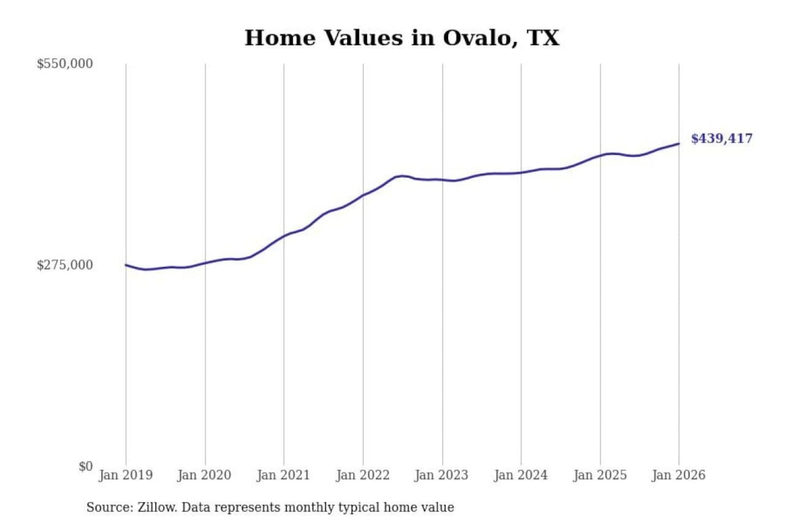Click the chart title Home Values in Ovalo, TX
tap(402, 38)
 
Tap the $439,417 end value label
tap(721, 138)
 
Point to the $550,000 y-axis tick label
tap(65, 64)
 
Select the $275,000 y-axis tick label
tap(65, 265)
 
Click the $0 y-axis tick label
tap(86, 466)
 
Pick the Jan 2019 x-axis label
tap(126, 475)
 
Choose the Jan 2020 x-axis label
tap(204, 475)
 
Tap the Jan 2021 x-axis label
tap(283, 475)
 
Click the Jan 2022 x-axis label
tap(363, 475)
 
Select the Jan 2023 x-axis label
tap(442, 475)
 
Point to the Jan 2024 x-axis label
tap(521, 475)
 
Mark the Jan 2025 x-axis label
tap(600, 475)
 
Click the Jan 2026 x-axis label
tap(679, 475)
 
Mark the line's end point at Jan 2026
tap(679, 144)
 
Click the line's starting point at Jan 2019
tap(126, 265)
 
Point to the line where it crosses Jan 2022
tap(363, 195)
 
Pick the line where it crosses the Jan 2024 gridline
tap(521, 173)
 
